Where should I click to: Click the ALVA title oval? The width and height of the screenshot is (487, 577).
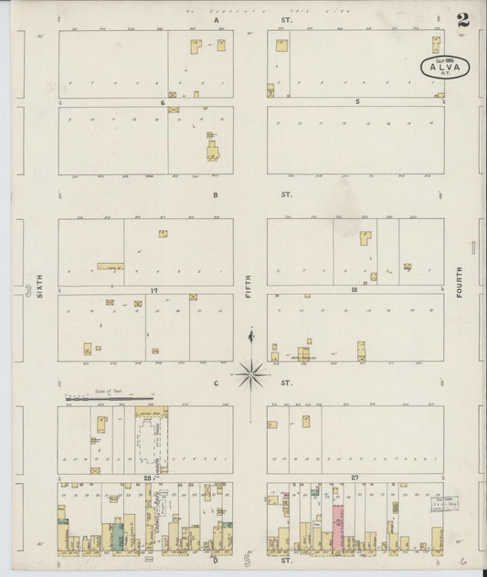(445, 67)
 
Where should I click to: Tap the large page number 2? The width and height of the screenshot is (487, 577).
(464, 20)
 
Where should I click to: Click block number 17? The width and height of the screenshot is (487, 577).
(155, 290)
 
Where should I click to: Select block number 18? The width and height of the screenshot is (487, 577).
(354, 290)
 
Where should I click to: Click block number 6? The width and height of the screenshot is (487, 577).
(162, 102)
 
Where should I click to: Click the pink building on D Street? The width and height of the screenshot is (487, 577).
(337, 529)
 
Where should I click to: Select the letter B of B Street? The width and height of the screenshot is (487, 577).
(216, 194)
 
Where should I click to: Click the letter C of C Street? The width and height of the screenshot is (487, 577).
(216, 383)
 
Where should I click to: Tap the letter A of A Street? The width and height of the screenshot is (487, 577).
(217, 19)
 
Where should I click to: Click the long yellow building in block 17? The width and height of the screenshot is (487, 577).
(111, 267)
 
